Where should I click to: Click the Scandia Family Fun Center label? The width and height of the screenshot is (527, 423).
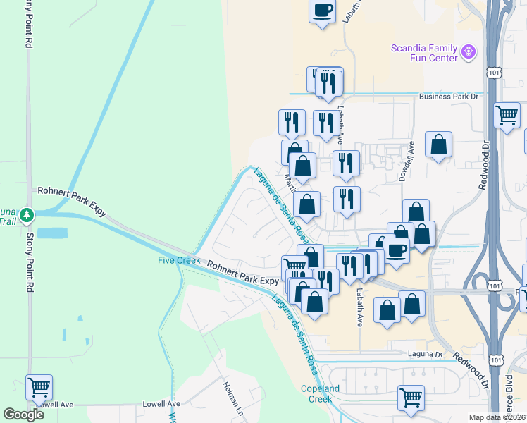coord(425,53)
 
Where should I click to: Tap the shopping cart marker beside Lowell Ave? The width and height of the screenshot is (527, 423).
coord(39,386)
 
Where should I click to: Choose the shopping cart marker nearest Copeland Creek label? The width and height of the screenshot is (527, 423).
coord(411,397)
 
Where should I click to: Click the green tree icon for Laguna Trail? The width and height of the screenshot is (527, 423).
coord(27,213)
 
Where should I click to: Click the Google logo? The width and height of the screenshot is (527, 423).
coord(24,415)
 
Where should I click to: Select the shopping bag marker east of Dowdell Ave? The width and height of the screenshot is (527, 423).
coord(438,145)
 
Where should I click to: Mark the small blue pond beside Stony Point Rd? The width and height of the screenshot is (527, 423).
coord(50,232)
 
